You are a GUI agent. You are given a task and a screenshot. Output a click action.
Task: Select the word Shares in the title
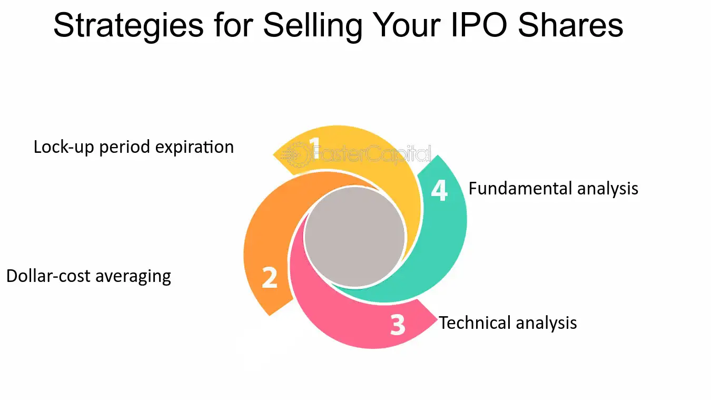click(x=570, y=25)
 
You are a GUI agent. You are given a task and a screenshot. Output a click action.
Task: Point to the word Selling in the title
click(x=313, y=27)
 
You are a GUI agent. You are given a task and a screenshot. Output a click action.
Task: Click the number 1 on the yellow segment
click(x=314, y=148)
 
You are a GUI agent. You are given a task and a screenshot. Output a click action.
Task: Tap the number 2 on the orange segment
click(x=270, y=277)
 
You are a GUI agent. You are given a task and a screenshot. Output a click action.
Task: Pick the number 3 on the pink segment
click(x=398, y=325)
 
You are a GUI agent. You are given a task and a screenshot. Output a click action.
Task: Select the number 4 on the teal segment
click(x=440, y=190)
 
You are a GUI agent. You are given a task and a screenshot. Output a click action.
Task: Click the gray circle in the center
click(x=354, y=237)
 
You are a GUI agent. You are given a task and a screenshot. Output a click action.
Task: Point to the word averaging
click(x=133, y=276)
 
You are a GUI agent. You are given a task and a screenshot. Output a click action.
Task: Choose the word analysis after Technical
click(x=546, y=323)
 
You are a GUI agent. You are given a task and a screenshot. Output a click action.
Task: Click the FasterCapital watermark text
click(x=372, y=154)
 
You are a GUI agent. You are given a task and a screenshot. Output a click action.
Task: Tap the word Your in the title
click(x=406, y=25)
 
